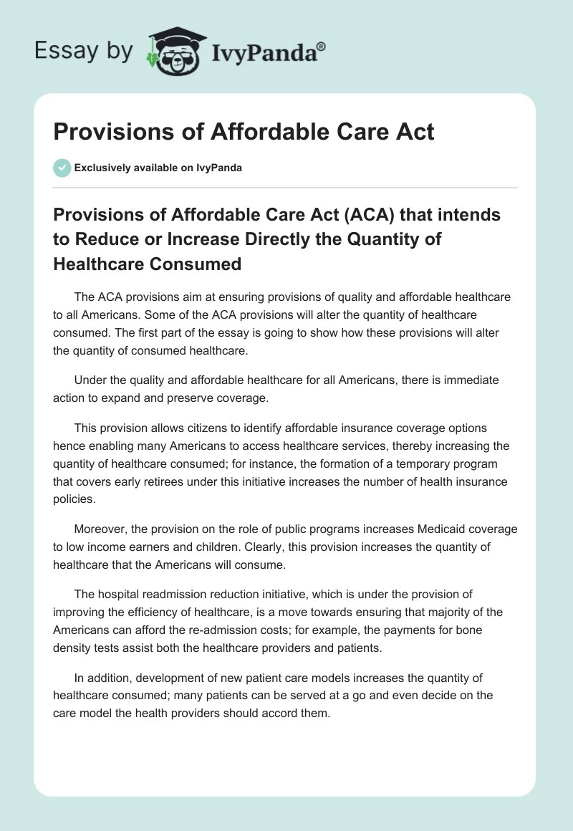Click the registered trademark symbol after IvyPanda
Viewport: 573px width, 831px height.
tap(322, 46)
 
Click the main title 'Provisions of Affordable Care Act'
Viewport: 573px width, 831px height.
tap(244, 132)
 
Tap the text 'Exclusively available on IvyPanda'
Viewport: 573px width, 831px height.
tap(158, 168)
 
